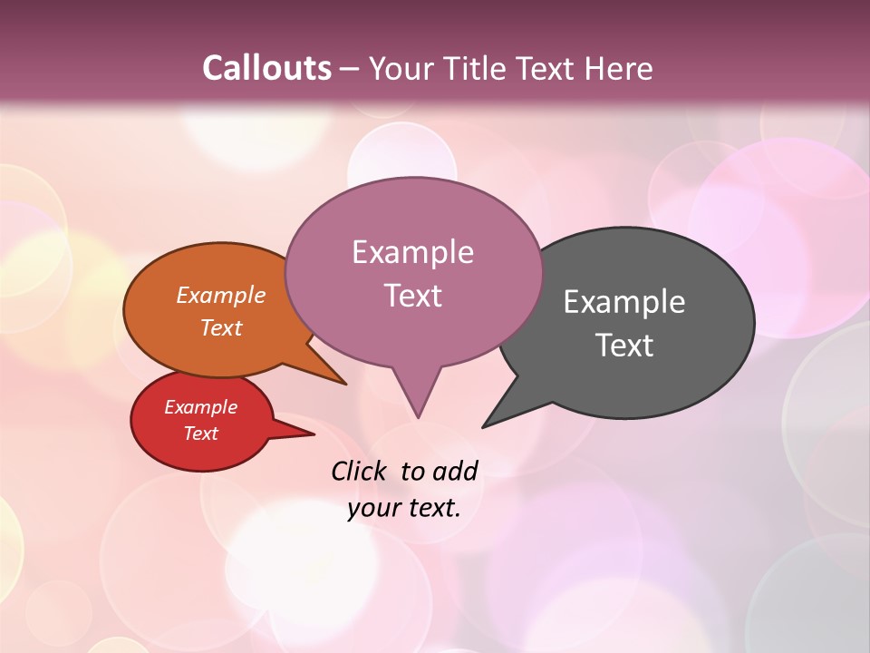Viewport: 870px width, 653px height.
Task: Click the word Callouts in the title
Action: point(266,68)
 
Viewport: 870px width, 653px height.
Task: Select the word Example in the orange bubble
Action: point(221,295)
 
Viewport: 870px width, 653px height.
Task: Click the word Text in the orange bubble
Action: point(221,327)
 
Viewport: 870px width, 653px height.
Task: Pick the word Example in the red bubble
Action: point(200,407)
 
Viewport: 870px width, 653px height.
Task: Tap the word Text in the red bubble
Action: point(200,434)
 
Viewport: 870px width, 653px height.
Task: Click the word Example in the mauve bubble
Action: point(412,251)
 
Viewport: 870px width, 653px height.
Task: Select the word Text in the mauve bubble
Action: point(412,295)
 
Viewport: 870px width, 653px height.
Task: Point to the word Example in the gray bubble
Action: point(624,301)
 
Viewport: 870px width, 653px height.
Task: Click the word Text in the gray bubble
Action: point(624,345)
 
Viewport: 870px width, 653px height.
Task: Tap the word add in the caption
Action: point(454,471)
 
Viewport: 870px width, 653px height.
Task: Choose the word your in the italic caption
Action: point(373,508)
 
